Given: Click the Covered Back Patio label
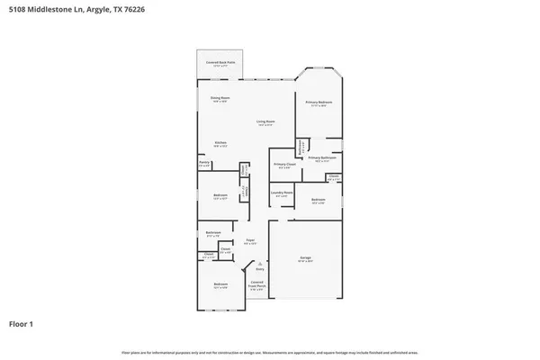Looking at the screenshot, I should coord(220,63).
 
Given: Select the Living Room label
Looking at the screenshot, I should coord(265,122).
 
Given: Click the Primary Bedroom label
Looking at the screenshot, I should coord(319,103).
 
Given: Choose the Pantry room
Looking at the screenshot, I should coord(204,164).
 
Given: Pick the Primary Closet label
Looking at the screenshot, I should coord(283,165).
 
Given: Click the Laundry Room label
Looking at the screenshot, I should coord(282,193).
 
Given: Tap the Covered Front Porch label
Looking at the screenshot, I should coord(257,289).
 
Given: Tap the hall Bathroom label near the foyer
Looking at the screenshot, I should coord(212,235).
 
